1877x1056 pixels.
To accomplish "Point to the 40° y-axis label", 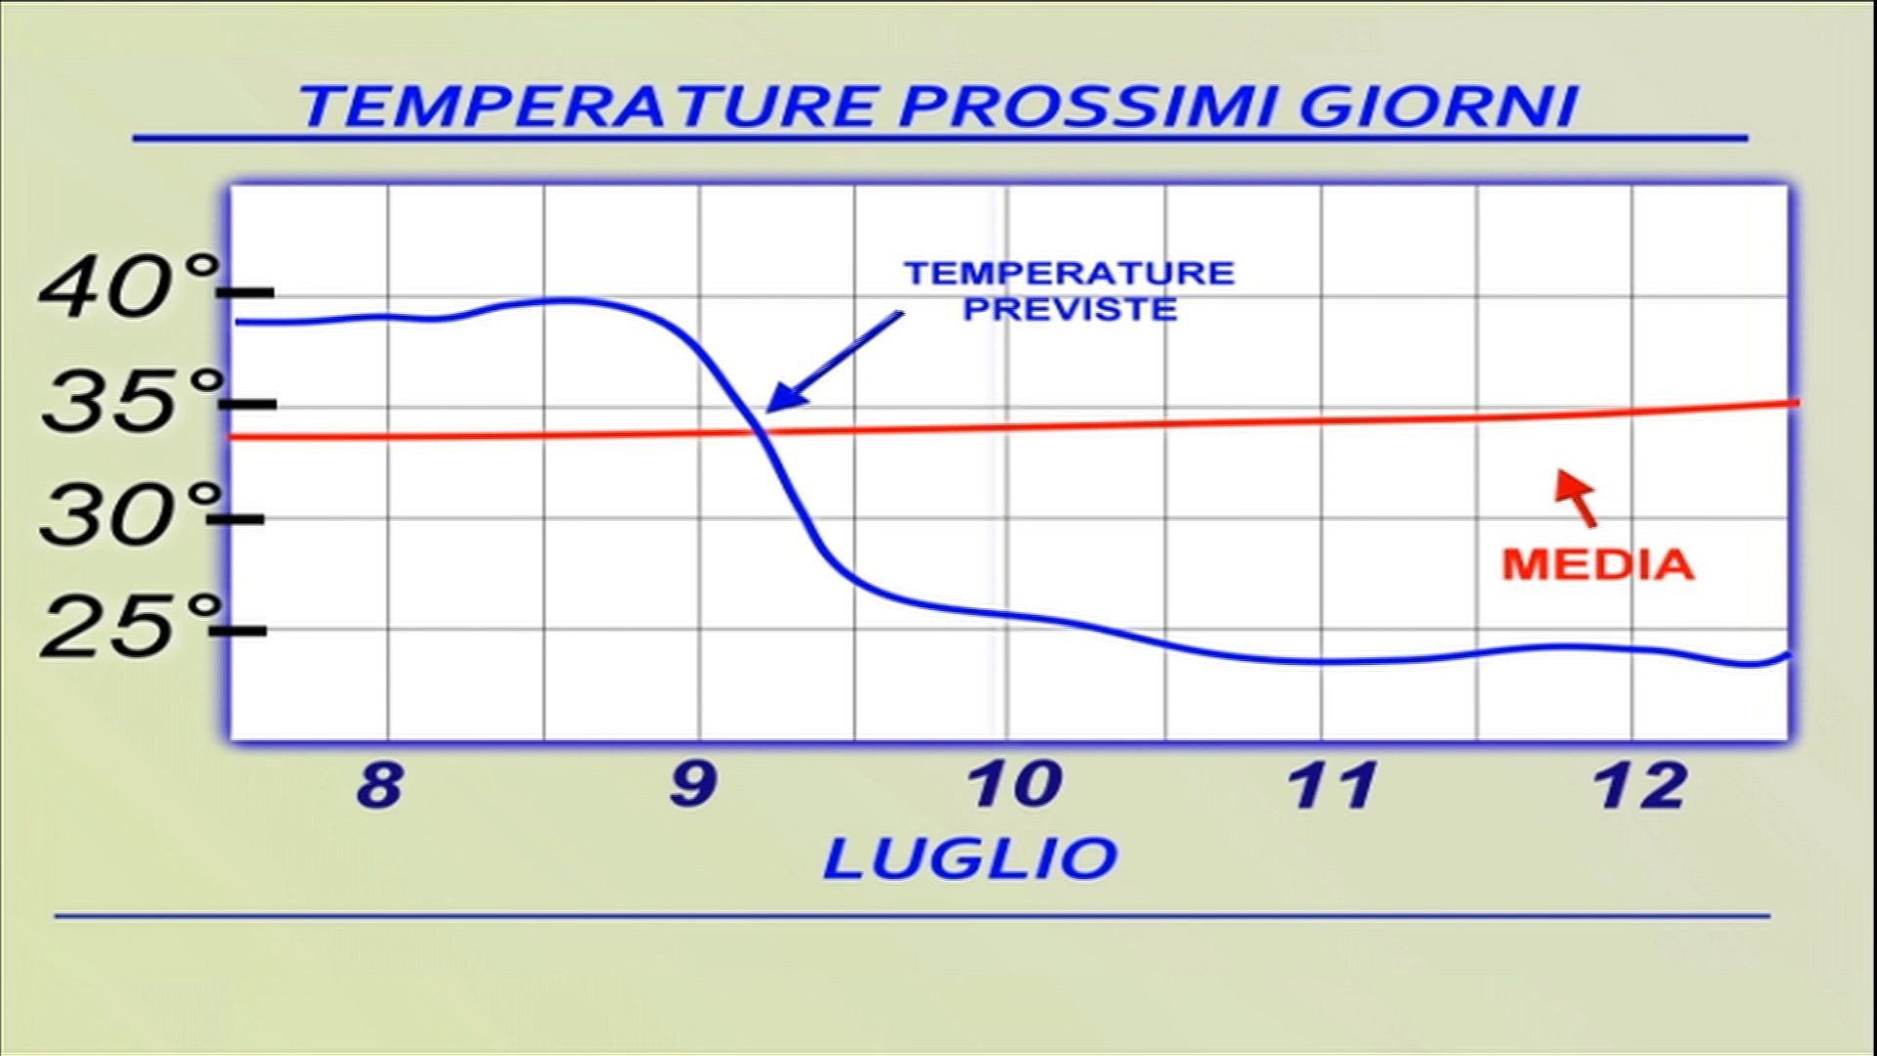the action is click(x=127, y=288).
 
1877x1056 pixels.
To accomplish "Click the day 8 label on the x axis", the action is click(x=379, y=784).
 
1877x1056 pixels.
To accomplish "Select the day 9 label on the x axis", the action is click(x=692, y=784).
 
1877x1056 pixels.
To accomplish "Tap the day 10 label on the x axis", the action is click(x=1014, y=784).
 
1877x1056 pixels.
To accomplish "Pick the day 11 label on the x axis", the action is click(x=1334, y=784).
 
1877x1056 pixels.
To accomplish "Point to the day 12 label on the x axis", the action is click(x=1641, y=784).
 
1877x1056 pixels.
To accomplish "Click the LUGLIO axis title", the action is click(x=970, y=858).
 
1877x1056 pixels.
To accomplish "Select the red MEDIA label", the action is click(x=1597, y=564).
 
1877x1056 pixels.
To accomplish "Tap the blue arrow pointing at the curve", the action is click(x=834, y=362).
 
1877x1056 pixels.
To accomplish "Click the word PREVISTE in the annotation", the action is click(x=1070, y=310).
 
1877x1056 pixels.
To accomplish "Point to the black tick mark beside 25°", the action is click(x=239, y=631).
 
